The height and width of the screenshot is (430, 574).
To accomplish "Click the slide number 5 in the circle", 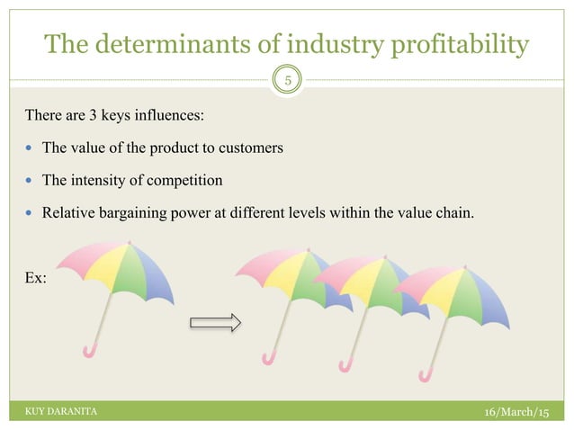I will (287, 79).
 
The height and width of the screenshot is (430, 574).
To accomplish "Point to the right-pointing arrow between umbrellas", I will (216, 322).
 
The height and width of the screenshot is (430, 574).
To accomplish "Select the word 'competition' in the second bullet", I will (185, 181).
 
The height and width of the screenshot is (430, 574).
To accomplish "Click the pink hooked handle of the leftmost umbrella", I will (88, 350).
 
